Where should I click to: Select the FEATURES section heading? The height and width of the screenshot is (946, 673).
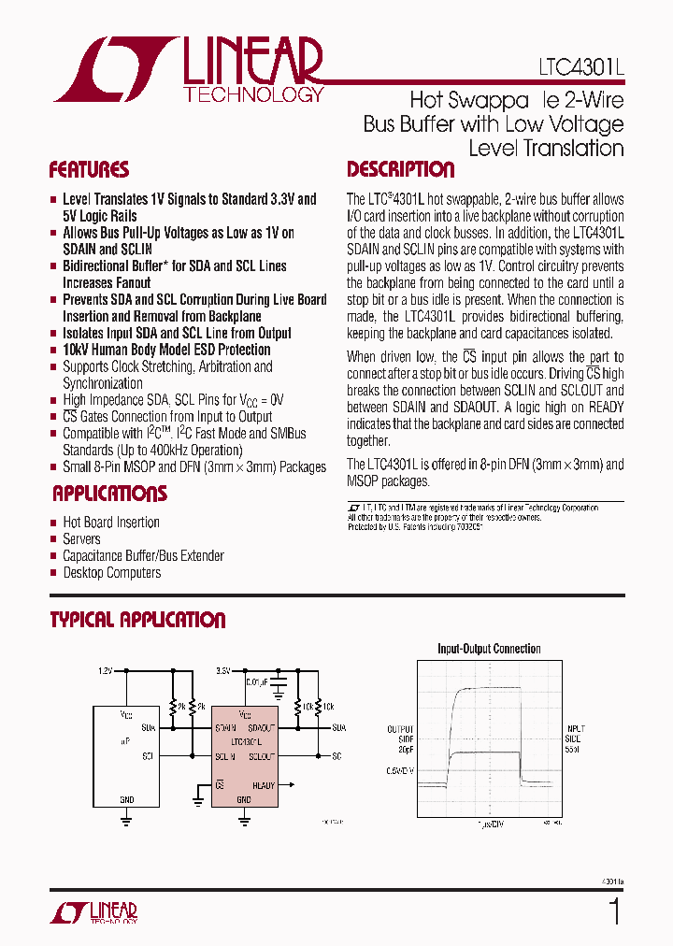(89, 170)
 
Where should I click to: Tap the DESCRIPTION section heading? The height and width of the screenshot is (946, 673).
(400, 170)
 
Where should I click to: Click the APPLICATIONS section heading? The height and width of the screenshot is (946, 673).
(109, 494)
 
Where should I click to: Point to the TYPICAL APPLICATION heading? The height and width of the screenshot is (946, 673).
(137, 620)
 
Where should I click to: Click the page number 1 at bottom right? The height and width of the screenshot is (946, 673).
(614, 910)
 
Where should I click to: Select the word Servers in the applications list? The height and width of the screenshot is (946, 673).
(81, 539)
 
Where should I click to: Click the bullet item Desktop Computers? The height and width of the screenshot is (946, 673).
(111, 573)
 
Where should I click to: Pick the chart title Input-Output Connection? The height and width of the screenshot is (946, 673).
(489, 649)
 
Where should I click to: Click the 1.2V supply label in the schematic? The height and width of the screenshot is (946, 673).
(106, 671)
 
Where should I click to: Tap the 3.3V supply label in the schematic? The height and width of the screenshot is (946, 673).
(222, 671)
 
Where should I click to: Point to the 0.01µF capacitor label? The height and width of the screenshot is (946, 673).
(259, 682)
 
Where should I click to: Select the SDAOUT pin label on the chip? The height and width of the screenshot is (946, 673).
(259, 727)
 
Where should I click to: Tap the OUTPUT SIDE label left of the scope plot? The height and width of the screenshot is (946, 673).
(400, 738)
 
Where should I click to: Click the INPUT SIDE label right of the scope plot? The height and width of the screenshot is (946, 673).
(576, 738)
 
